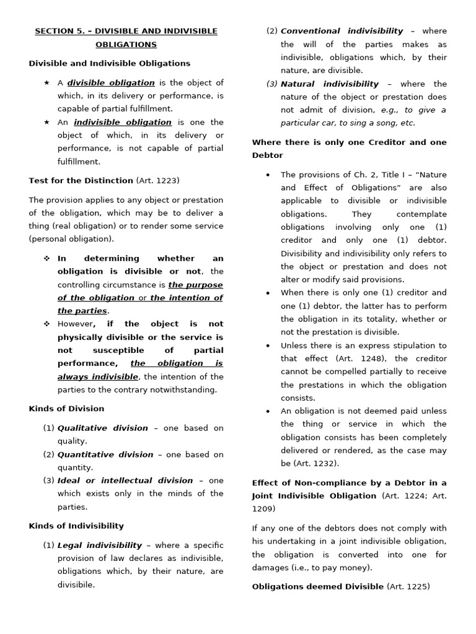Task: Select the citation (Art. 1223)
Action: [x=157, y=180]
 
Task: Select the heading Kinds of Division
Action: [x=66, y=409]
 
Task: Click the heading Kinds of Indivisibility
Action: [x=76, y=526]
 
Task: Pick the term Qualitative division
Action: [x=103, y=428]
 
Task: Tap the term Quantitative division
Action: [x=105, y=454]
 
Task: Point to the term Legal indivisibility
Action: [x=100, y=545]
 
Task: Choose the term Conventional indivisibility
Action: [x=342, y=31]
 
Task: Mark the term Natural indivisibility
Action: [x=330, y=84]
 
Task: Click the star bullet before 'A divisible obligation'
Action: [x=46, y=83]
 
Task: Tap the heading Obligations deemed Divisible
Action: [x=317, y=586]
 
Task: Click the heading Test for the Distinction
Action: [x=81, y=180]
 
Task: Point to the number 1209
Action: [x=263, y=508]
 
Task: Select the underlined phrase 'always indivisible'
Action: [x=98, y=376]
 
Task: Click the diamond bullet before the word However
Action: [x=46, y=324]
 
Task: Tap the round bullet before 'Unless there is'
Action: [x=268, y=345]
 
